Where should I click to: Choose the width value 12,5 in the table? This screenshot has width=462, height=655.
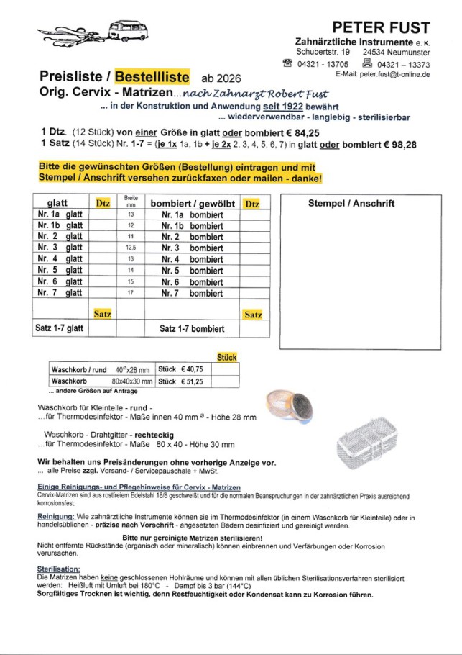(131, 248)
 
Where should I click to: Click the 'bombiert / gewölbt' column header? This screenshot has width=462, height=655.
(193, 204)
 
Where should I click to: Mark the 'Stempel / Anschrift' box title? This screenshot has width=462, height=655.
(351, 204)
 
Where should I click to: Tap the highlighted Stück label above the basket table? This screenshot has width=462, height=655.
(226, 357)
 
